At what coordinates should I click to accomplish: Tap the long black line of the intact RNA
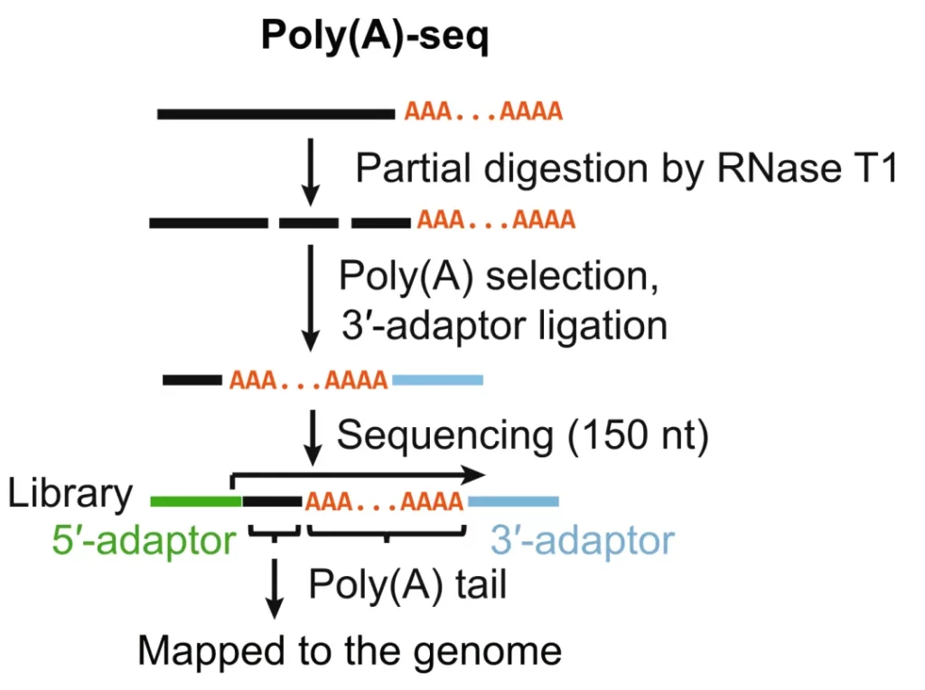pyautogui.click(x=276, y=114)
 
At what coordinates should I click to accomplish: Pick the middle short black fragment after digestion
pyautogui.click(x=308, y=222)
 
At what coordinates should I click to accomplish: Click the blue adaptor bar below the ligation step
pyautogui.click(x=437, y=380)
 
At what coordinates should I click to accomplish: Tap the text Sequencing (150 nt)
pyautogui.click(x=523, y=435)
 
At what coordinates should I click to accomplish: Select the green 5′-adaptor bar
pyautogui.click(x=195, y=500)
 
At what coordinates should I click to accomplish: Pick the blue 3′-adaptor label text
pyautogui.click(x=583, y=541)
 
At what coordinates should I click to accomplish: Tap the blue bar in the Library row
pyautogui.click(x=513, y=500)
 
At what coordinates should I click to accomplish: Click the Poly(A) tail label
pyautogui.click(x=407, y=584)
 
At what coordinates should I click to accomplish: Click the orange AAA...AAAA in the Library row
pyautogui.click(x=385, y=500)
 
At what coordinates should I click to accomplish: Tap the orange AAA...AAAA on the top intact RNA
pyautogui.click(x=483, y=113)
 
